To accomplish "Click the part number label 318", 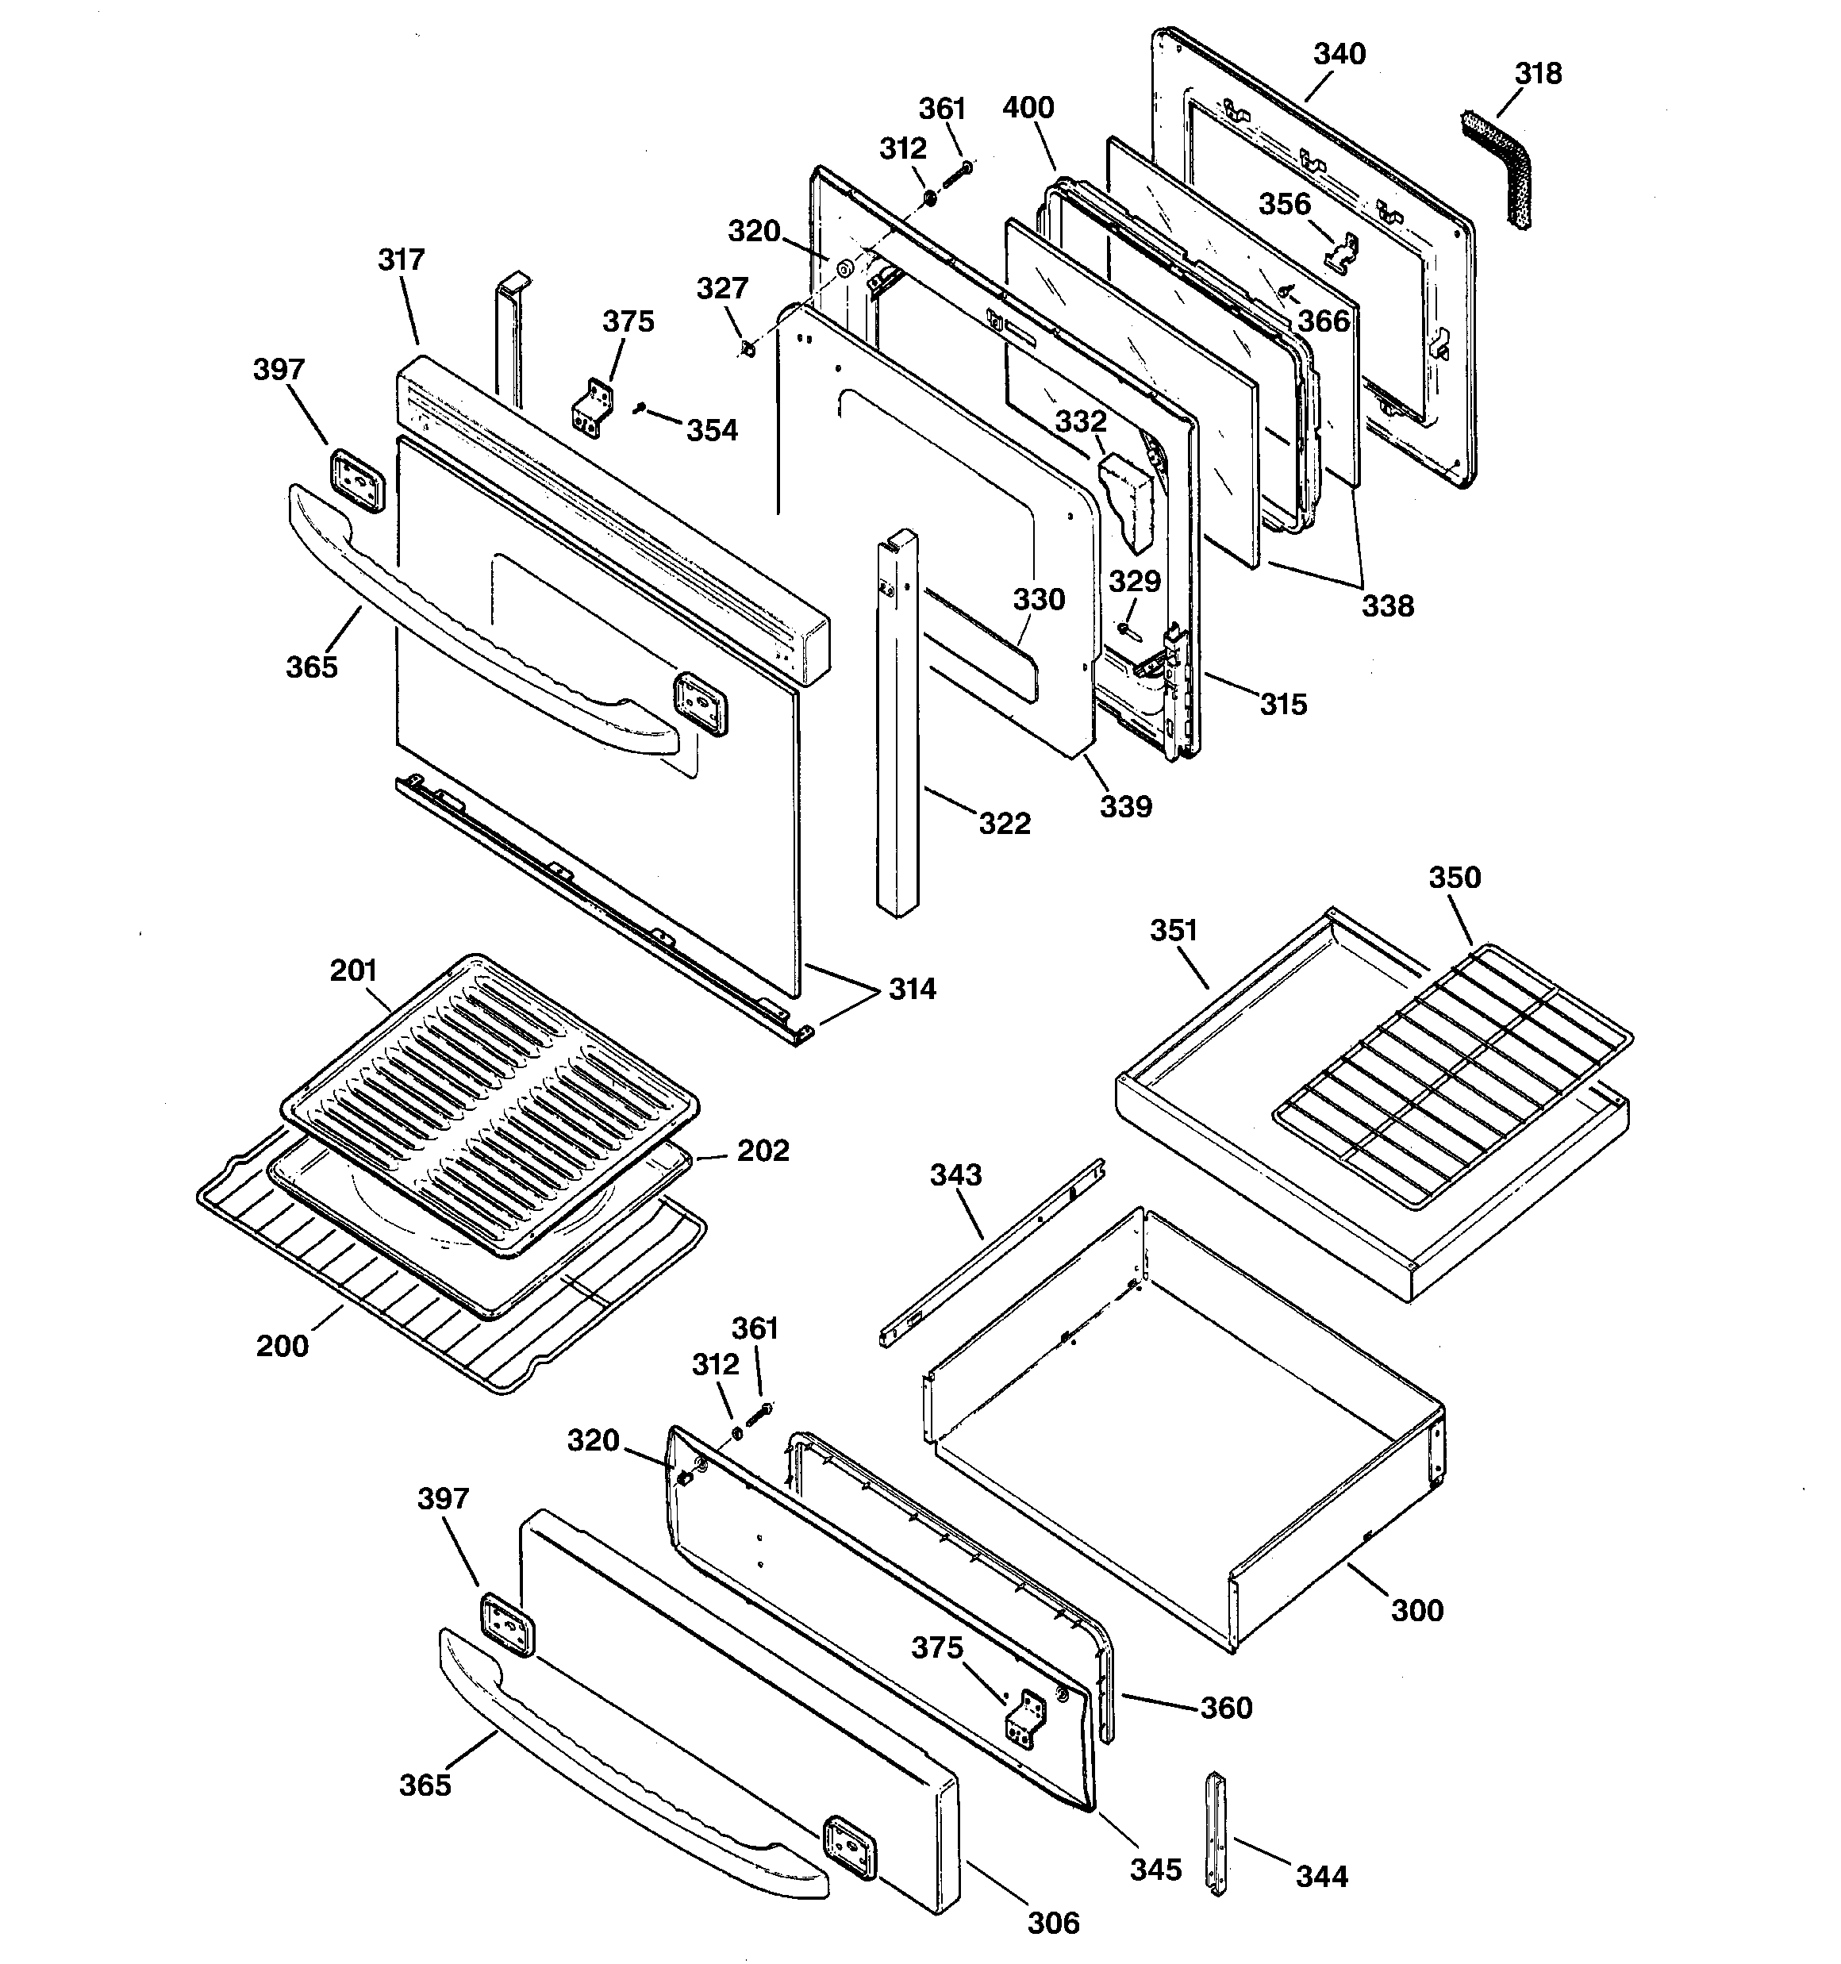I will point(1539,74).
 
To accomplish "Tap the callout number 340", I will point(1339,53).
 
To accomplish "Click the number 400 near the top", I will point(1028,108).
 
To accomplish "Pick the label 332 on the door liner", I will point(1080,422).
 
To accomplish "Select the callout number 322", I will point(1004,823).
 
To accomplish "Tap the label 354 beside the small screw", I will point(712,431).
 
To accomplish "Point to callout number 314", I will point(911,989).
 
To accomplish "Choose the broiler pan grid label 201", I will point(353,971).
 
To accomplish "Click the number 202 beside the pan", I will point(763,1151).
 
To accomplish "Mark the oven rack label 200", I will point(282,1346).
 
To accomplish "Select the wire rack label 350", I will point(1455,878).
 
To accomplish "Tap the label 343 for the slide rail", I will point(955,1174).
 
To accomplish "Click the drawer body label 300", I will point(1417,1610).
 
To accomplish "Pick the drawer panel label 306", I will point(1053,1923).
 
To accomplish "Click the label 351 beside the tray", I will point(1173,931).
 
